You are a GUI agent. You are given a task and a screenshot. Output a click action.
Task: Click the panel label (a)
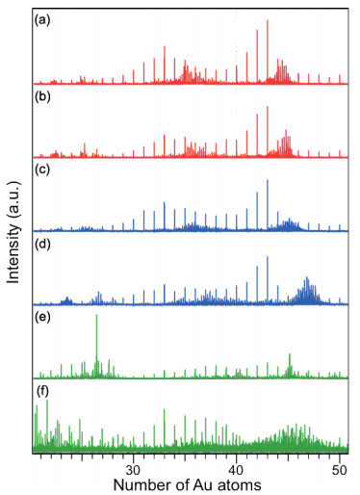click(42, 21)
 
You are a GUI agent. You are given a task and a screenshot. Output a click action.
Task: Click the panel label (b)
click(42, 97)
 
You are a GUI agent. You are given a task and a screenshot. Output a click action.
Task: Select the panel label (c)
click(42, 169)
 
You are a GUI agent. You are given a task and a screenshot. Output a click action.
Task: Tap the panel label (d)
click(42, 245)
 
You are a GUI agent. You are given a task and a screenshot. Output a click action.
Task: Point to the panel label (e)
click(42, 318)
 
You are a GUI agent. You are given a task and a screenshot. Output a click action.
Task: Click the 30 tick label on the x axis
click(133, 470)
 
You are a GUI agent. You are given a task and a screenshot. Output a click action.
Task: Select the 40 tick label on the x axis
click(236, 470)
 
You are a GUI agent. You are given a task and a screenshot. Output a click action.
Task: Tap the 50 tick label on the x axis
click(340, 470)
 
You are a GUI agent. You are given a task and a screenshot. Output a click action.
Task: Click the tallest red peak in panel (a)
click(268, 51)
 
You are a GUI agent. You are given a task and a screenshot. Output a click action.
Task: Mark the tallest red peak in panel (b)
click(268, 132)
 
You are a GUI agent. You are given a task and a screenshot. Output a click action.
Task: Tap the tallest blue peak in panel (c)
click(268, 205)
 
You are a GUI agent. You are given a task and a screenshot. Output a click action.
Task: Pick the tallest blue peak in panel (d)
click(268, 280)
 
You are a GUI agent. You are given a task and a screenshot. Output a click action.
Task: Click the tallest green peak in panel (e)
click(96, 346)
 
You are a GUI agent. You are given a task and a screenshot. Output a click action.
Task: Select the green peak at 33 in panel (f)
click(165, 428)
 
